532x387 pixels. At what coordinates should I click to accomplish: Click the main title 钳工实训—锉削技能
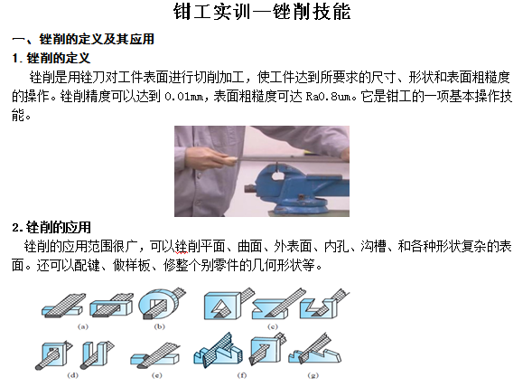pyautogui.click(x=262, y=12)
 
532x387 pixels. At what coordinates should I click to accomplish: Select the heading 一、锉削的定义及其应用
pyautogui.click(x=83, y=39)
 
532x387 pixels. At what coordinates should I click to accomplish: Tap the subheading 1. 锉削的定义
pyautogui.click(x=51, y=58)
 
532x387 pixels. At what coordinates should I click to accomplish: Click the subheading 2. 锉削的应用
pyautogui.click(x=51, y=227)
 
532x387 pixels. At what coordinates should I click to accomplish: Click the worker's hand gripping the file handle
pyautogui.click(x=213, y=157)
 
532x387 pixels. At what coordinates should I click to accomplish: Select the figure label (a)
pyautogui.click(x=83, y=326)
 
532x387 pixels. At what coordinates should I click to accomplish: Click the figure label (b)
pyautogui.click(x=159, y=326)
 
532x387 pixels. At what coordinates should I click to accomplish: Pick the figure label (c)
pyautogui.click(x=273, y=326)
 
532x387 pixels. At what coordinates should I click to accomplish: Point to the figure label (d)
pyautogui.click(x=72, y=375)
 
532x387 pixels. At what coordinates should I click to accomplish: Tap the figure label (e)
pyautogui.click(x=157, y=375)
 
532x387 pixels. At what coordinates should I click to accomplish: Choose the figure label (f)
pyautogui.click(x=242, y=375)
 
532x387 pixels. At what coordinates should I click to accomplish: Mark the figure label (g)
pyautogui.click(x=313, y=375)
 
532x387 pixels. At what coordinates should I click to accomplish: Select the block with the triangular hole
pyautogui.click(x=221, y=307)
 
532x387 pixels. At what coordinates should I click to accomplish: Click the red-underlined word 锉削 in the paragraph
pyautogui.click(x=182, y=246)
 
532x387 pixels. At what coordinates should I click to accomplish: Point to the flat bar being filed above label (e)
pyautogui.click(x=155, y=359)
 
